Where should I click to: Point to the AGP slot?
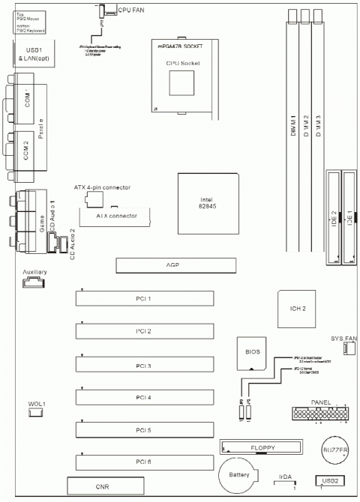(x=174, y=265)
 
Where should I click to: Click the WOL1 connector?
(x=27, y=412)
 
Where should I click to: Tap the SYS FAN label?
(x=343, y=337)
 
